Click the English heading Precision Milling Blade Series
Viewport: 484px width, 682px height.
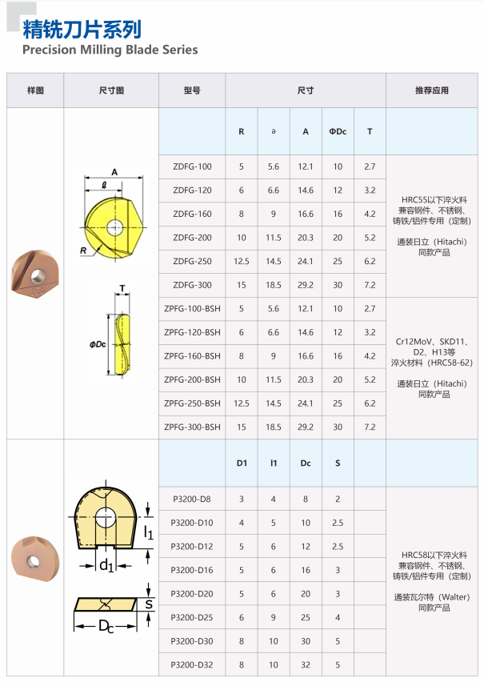tap(110, 50)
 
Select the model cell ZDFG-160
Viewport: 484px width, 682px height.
tap(192, 214)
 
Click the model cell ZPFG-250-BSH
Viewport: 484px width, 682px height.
tap(192, 403)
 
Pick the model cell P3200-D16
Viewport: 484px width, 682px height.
tap(192, 570)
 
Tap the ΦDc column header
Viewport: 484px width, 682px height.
tap(338, 131)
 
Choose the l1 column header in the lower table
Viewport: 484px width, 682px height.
tap(274, 463)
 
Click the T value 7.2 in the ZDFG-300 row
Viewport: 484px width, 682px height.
tap(370, 285)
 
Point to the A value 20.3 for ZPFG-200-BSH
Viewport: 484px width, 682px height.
tap(306, 379)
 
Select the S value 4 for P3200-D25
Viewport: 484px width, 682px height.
tap(338, 618)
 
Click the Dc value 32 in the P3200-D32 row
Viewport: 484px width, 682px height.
tap(306, 665)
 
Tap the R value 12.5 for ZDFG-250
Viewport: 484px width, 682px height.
tap(242, 262)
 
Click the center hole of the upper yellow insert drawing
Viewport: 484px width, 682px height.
tap(115, 227)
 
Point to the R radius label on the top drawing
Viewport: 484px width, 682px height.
tap(83, 251)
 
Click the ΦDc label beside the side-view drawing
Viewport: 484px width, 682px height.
tap(98, 344)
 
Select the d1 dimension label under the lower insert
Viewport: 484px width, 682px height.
tap(106, 565)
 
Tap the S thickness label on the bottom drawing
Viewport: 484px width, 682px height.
tap(149, 604)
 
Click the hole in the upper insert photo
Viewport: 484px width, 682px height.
tap(38, 275)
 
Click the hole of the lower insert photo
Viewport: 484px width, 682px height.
tap(33, 561)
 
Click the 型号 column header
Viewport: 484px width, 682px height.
tap(192, 90)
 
